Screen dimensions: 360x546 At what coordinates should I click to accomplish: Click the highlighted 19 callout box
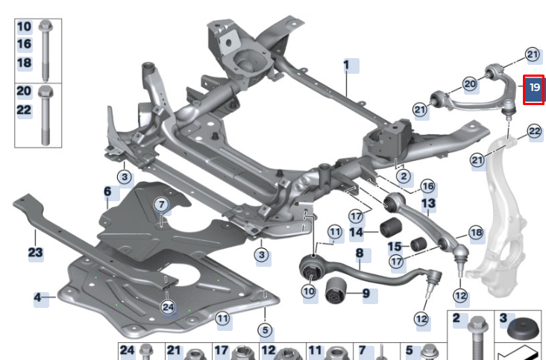[x=533, y=89]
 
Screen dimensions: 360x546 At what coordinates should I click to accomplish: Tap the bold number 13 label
[x=428, y=203]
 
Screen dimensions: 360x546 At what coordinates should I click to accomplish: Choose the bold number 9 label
[x=366, y=294]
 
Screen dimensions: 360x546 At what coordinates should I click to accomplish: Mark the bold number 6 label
[x=107, y=193]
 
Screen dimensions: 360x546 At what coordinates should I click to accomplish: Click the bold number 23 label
[x=36, y=253]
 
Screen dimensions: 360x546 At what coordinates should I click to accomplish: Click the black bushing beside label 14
[x=391, y=228]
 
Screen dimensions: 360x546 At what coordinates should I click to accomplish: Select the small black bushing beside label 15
[x=418, y=245]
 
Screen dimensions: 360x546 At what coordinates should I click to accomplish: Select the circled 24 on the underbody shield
[x=167, y=306]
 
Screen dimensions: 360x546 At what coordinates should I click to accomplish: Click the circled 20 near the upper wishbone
[x=470, y=84]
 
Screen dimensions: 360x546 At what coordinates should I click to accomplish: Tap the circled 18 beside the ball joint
[x=476, y=233]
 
